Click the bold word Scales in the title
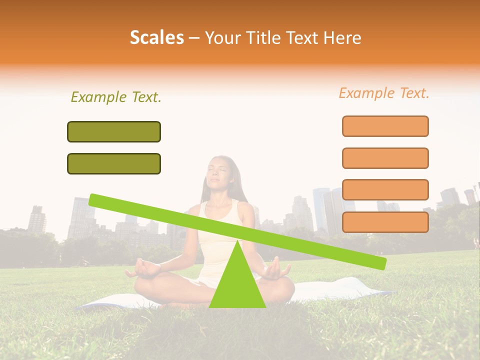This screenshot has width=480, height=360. click(156, 37)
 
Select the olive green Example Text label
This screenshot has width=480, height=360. click(116, 97)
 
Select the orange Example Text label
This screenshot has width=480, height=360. click(384, 93)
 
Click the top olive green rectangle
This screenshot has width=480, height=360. click(114, 131)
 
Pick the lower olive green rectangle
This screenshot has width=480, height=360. click(114, 163)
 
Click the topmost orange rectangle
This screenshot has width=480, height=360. click(385, 126)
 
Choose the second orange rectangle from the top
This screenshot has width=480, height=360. click(385, 158)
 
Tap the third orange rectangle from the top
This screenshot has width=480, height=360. click(385, 189)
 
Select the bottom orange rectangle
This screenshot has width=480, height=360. click(385, 222)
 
